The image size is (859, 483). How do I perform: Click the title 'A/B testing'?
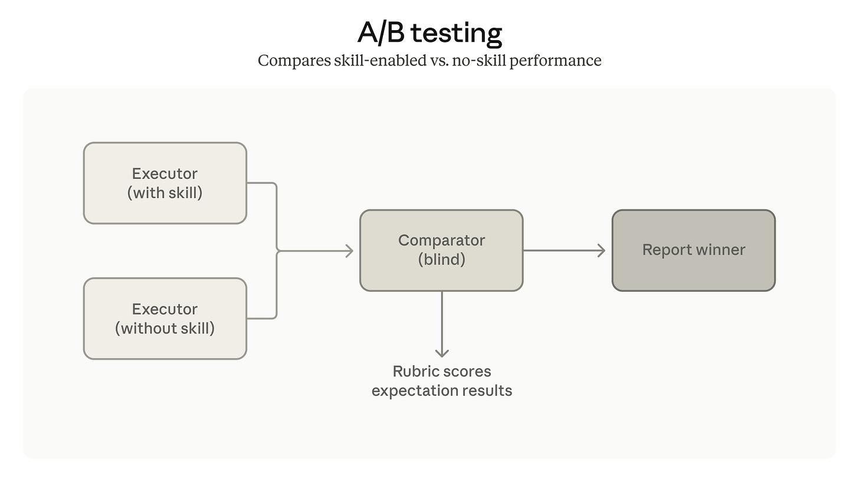pos(429,33)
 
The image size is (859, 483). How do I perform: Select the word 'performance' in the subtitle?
pos(555,61)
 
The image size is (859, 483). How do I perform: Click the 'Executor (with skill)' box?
pos(165,183)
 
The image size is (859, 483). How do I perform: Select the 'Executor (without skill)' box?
pos(165,318)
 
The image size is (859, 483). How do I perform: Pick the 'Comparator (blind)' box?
pos(441,250)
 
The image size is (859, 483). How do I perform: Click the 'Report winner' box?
pos(693,250)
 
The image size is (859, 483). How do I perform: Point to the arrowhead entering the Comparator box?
pos(349,251)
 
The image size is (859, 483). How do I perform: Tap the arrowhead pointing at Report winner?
pos(602,251)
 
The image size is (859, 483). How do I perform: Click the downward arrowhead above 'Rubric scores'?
pos(442,353)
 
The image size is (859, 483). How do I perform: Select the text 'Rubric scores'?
pos(442,372)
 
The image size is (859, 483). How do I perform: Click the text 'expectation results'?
pos(442,390)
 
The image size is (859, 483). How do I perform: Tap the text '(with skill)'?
pos(165,193)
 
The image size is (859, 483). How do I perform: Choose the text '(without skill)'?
pos(165,328)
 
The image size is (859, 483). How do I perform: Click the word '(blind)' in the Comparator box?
pos(441,259)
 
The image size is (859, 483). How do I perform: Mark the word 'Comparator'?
pos(441,241)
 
